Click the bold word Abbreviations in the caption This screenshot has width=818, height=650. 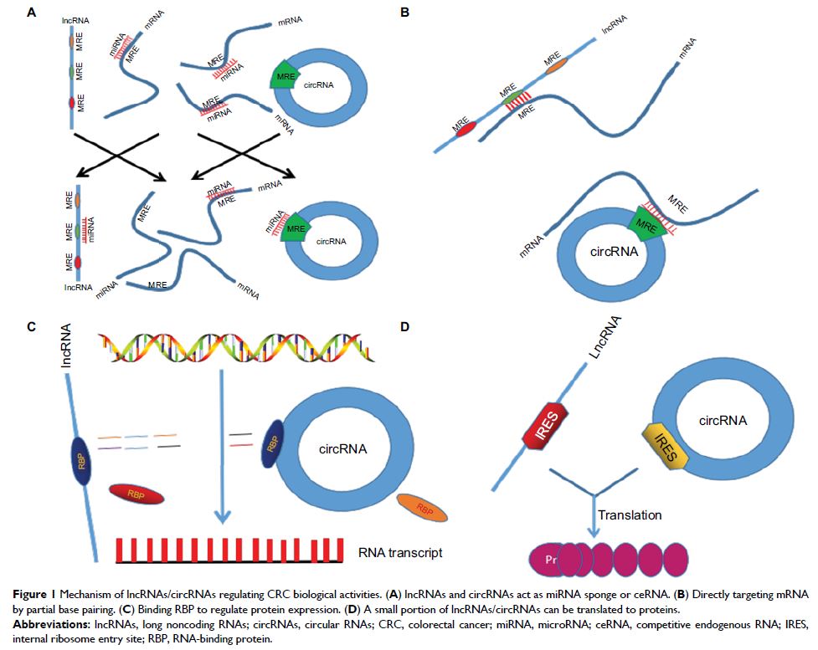pyautogui.click(x=48, y=622)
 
